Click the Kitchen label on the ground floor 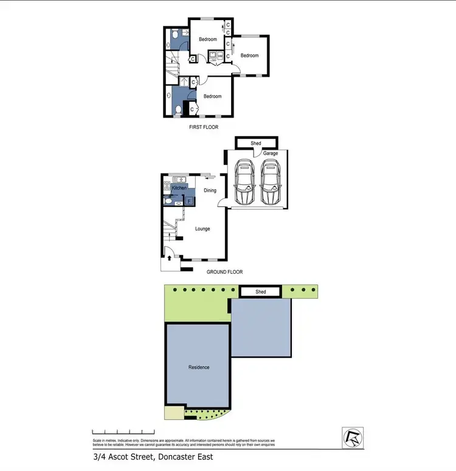coord(179,188)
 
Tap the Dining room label coord(210,190)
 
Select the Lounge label coord(202,229)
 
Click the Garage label coord(271,153)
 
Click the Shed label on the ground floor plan coord(256,144)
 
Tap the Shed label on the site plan coord(260,292)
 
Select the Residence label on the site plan coord(198,367)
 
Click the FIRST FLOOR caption coord(204,127)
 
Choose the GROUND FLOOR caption coord(225,272)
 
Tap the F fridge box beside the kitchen coord(188,200)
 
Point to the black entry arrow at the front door coord(168,257)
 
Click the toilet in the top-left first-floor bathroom coord(174,36)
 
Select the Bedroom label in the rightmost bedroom coord(249,55)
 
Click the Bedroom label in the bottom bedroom coord(212,96)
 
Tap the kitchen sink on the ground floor coord(179,178)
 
